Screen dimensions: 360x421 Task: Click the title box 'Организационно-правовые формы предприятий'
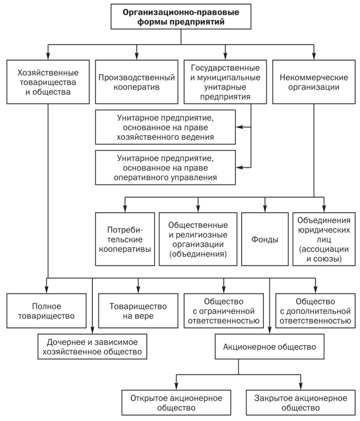pos(181,17)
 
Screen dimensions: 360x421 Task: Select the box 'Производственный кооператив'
pos(136,82)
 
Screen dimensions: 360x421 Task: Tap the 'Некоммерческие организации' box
pos(314,82)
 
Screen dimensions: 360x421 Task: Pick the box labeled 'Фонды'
pos(265,239)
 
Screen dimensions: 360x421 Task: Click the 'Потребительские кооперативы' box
pos(125,239)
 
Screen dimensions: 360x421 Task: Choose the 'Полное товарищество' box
pos(46,311)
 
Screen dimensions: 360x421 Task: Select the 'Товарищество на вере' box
pos(138,311)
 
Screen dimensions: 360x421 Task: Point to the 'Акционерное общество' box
pos(270,347)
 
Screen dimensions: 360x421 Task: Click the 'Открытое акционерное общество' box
pos(176,403)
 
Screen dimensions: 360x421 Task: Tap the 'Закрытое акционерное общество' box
pos(301,403)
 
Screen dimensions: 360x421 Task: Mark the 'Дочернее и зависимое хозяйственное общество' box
pos(92,347)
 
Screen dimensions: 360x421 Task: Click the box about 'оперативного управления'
pos(165,167)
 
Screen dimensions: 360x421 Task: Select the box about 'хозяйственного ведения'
pos(165,127)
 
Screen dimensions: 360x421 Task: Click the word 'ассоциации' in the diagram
pos(324,249)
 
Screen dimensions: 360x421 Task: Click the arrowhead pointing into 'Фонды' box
pos(265,209)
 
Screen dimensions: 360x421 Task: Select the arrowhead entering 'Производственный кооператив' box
pos(137,56)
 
